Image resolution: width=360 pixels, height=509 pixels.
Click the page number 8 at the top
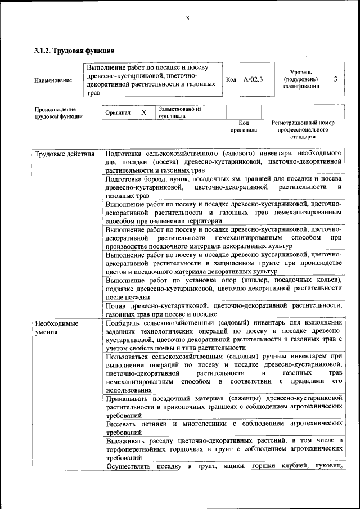click(x=187, y=18)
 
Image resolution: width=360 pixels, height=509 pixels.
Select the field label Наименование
click(x=53, y=80)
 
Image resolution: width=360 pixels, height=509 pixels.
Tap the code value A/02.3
click(x=253, y=79)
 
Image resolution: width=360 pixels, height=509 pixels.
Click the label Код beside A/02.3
click(x=231, y=79)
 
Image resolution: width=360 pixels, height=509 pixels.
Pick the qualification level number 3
click(x=335, y=79)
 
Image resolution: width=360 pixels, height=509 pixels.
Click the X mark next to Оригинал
click(x=144, y=112)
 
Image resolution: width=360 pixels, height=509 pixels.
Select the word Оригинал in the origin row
click(x=118, y=113)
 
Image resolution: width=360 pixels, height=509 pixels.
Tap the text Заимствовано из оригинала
click(x=180, y=112)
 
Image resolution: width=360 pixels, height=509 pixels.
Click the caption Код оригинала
click(x=244, y=127)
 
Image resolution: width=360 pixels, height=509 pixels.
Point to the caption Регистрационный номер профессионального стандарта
click(x=303, y=129)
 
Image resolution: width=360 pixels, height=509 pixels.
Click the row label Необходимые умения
click(x=56, y=328)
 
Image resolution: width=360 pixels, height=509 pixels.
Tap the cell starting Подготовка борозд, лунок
click(x=223, y=187)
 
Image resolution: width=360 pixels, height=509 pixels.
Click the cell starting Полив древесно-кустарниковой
click(x=223, y=310)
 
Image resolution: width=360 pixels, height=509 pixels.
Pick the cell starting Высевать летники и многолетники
click(x=223, y=427)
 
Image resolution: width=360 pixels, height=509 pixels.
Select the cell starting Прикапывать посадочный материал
click(x=223, y=406)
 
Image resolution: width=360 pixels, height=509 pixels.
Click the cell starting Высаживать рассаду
click(x=223, y=449)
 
